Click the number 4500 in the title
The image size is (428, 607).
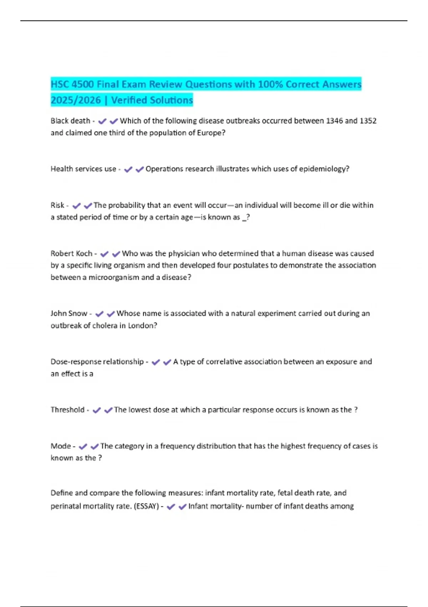[83, 84]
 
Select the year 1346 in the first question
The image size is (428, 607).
[334, 121]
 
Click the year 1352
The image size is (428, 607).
[368, 121]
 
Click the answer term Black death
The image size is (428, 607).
[70, 121]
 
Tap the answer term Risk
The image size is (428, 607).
[57, 205]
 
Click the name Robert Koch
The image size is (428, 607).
[71, 254]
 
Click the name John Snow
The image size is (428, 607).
[69, 313]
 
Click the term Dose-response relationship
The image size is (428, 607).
[97, 362]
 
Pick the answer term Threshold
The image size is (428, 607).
[67, 410]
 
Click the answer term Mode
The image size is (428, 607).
[61, 446]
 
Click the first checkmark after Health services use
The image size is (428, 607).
[128, 169]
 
